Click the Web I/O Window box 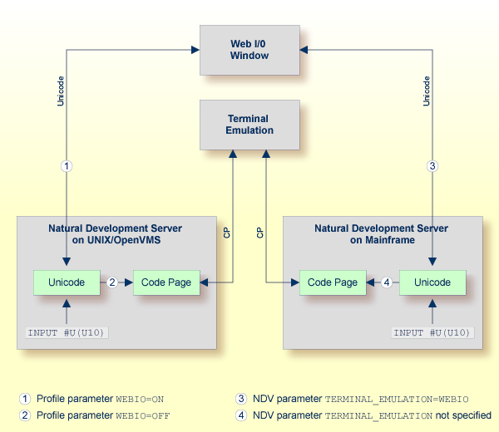tap(249, 49)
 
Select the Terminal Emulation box tap(249, 125)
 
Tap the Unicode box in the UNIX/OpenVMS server tap(67, 282)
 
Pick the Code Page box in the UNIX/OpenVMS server tap(166, 282)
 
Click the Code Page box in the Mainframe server tap(333, 282)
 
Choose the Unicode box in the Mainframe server tap(432, 282)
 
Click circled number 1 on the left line tap(67, 166)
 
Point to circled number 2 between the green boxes tap(111, 282)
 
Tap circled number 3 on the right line tap(432, 166)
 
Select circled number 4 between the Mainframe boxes tap(386, 282)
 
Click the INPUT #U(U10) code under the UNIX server tap(67, 333)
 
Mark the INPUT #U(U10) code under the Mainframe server tap(432, 333)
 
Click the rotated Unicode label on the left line tap(60, 91)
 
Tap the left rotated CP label tap(226, 233)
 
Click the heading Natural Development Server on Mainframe tap(381, 233)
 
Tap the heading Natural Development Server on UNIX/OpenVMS tap(115, 233)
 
